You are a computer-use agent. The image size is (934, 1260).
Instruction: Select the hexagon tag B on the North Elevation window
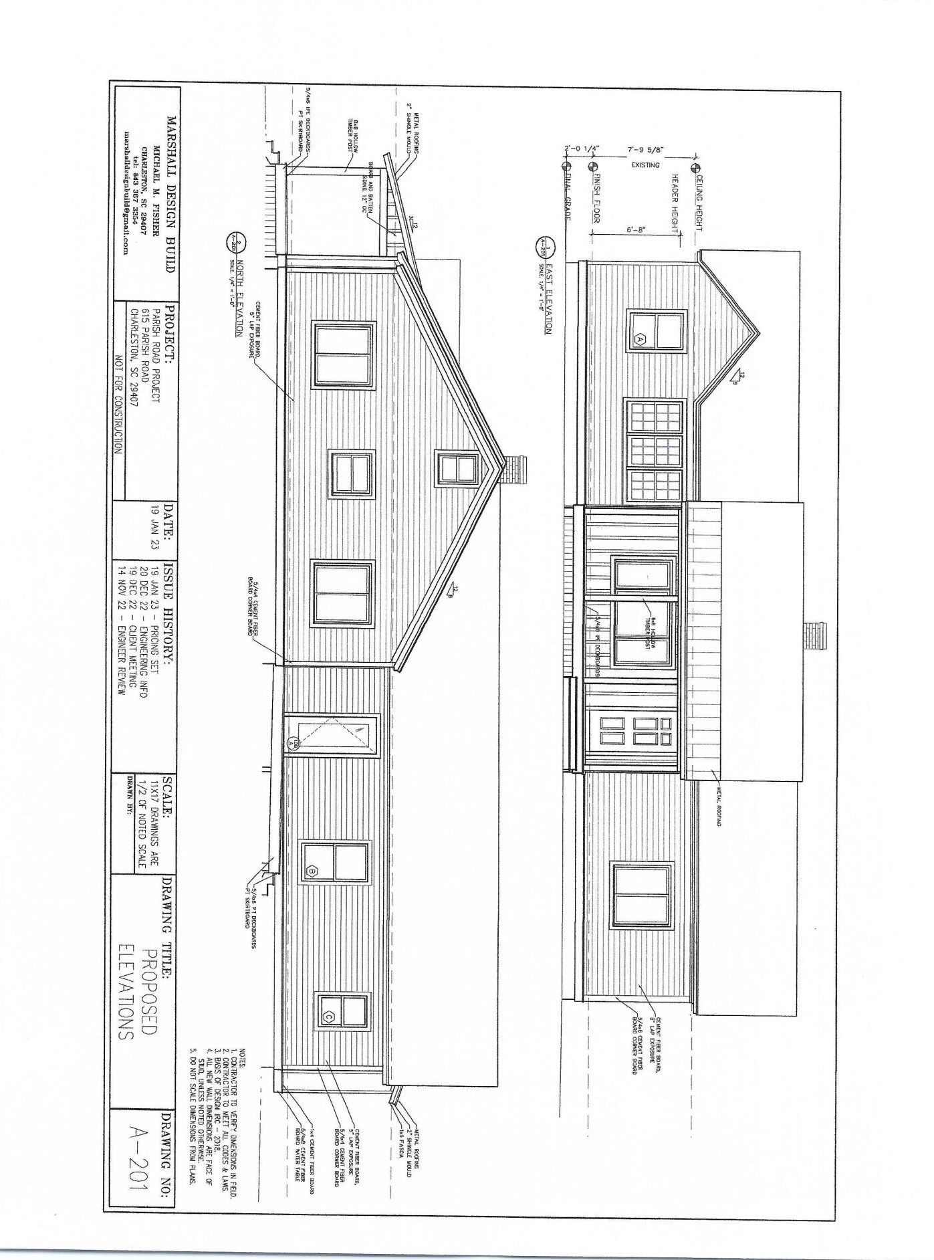pyautogui.click(x=311, y=871)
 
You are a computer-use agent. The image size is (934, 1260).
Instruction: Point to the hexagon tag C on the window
pyautogui.click(x=328, y=1017)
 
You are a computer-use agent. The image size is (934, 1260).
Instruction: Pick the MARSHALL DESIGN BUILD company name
pyautogui.click(x=171, y=195)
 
